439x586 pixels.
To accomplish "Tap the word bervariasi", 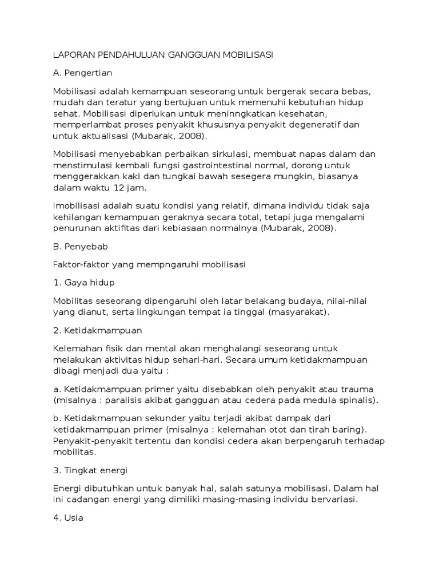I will pos(331,499).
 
